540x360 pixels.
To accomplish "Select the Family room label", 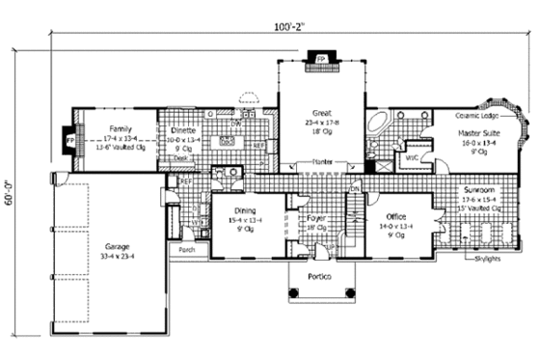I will tap(120, 128).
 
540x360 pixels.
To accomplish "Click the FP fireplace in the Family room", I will tap(69, 141).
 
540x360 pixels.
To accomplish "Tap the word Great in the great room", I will tap(321, 112).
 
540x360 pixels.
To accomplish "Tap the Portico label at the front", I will tap(322, 278).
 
